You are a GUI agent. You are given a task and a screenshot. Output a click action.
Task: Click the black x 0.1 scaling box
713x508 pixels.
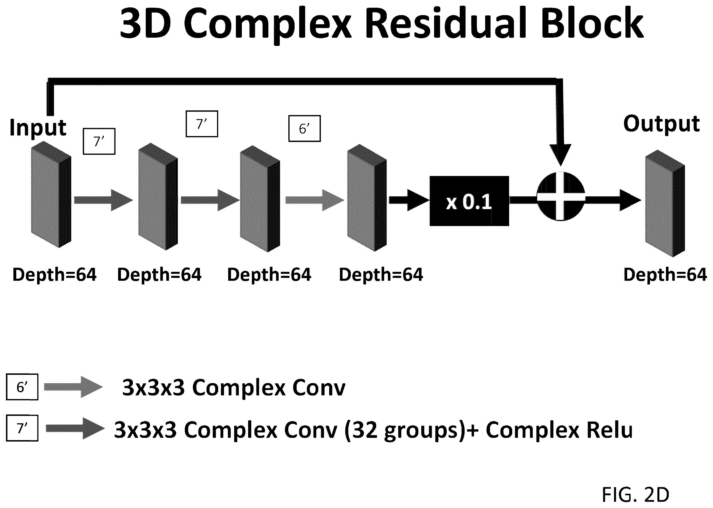(x=469, y=201)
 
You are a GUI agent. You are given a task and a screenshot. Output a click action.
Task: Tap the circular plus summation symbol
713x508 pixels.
(x=561, y=197)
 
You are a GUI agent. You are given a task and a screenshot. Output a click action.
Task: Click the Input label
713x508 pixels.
(x=38, y=127)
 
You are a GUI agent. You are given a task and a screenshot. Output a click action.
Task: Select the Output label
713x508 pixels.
(x=661, y=124)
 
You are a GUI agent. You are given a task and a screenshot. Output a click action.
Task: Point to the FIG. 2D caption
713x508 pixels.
(x=635, y=495)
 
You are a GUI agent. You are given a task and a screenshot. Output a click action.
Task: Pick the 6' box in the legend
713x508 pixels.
(x=22, y=387)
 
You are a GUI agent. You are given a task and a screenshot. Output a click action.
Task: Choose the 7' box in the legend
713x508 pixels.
(x=22, y=428)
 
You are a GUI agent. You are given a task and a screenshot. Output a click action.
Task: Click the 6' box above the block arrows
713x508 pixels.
(x=304, y=129)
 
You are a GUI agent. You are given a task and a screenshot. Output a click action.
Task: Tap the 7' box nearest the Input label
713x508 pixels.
(x=99, y=141)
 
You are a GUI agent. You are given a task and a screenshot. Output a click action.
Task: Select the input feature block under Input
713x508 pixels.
(x=51, y=194)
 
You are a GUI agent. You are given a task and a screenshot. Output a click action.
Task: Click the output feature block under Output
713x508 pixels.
(x=665, y=203)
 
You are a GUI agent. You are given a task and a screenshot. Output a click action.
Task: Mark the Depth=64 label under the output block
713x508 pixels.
(x=665, y=275)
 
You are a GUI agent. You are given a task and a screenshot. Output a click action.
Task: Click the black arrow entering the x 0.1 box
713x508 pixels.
(x=409, y=200)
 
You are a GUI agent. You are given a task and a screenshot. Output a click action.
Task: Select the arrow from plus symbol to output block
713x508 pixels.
(x=613, y=200)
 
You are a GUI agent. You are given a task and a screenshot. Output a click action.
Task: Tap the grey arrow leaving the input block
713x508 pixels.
(x=104, y=200)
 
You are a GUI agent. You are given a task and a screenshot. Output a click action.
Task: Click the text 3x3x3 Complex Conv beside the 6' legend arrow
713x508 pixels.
(x=234, y=388)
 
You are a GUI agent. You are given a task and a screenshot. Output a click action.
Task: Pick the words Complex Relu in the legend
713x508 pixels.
(x=559, y=430)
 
